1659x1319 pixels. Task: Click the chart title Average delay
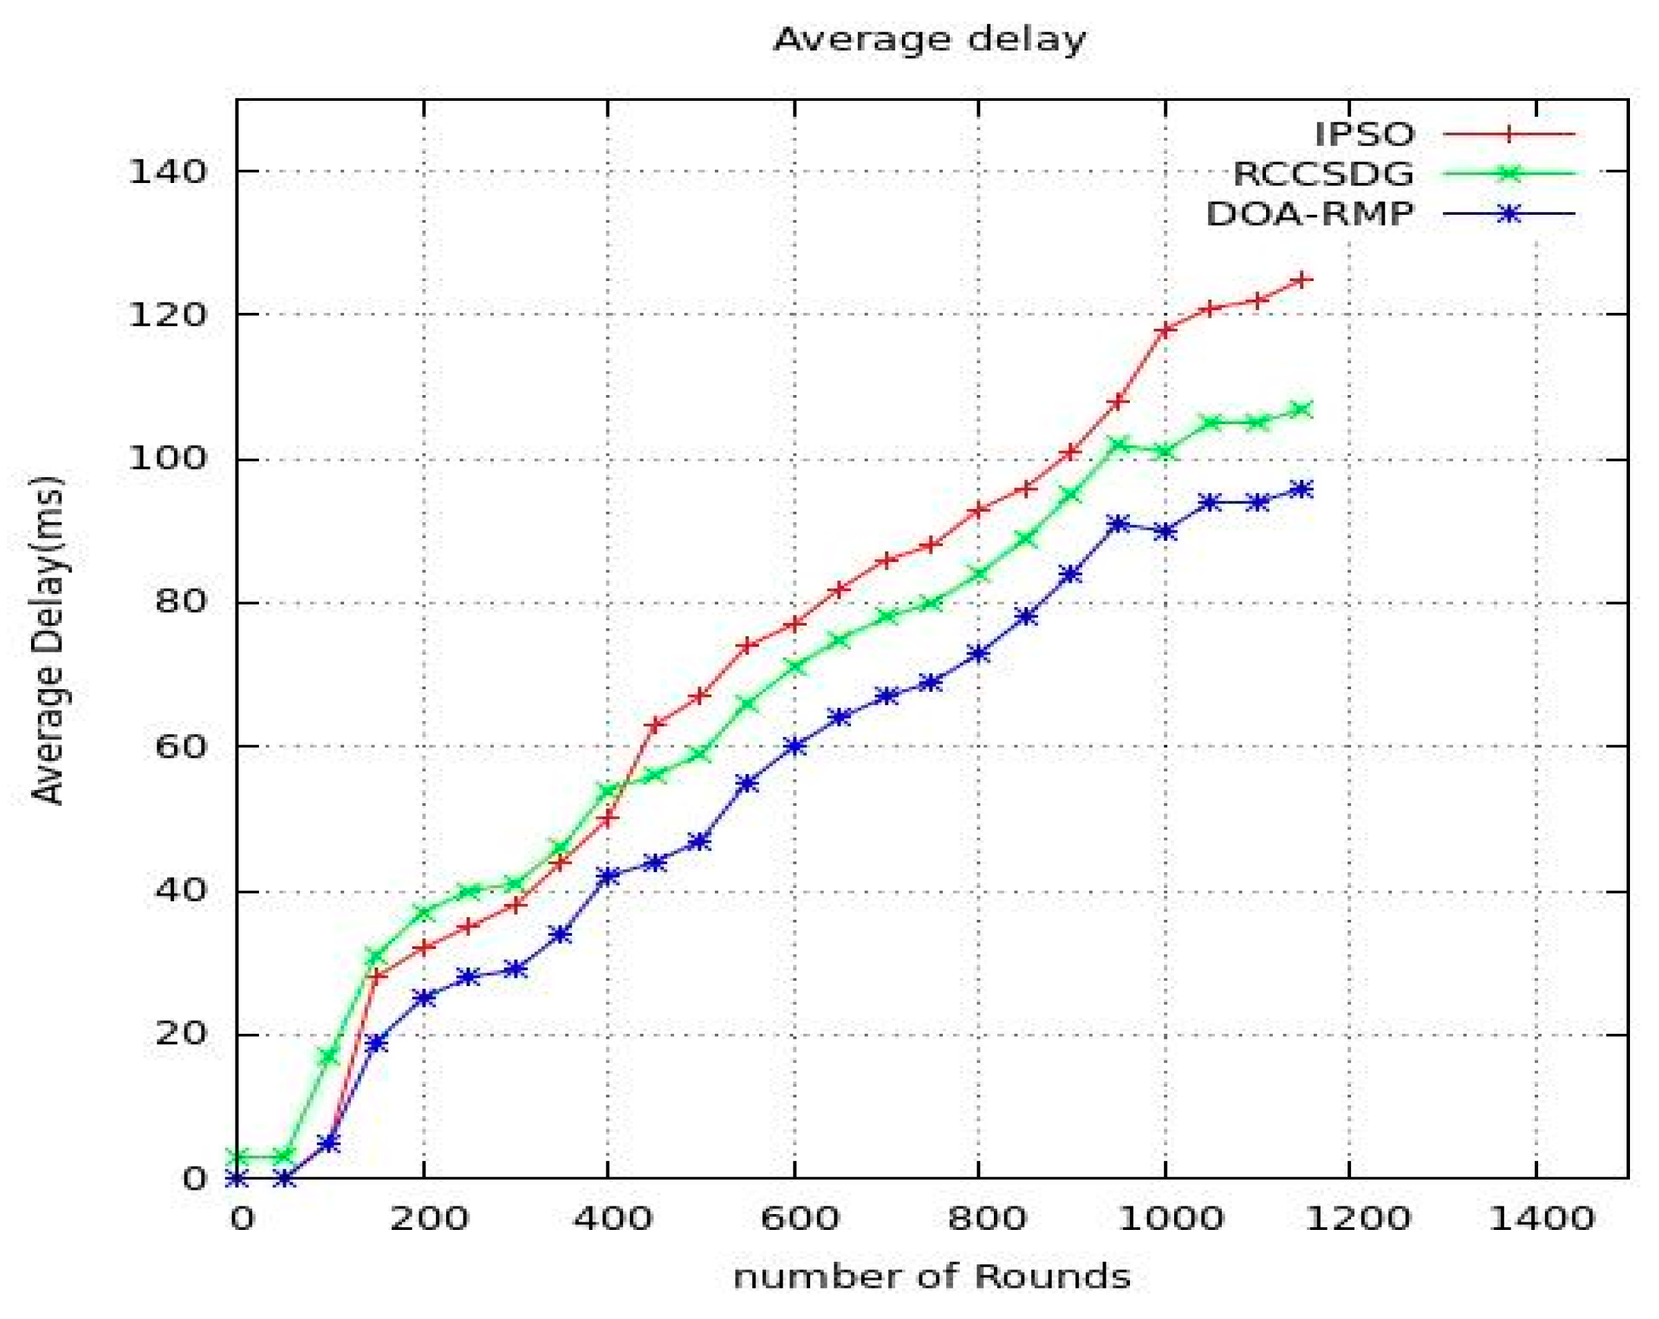pos(929,39)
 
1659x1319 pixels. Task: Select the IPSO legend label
pos(1363,135)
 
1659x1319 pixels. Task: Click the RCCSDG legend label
pos(1323,174)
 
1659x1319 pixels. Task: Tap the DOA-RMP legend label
pos(1309,214)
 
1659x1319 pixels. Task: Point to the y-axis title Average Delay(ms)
pos(48,640)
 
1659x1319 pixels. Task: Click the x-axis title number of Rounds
pos(931,1277)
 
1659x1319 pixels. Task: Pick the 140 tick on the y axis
pos(168,172)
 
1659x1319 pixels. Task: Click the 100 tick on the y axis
pos(168,459)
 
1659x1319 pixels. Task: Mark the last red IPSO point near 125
pos(1302,280)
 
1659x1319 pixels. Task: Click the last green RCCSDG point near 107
pos(1302,410)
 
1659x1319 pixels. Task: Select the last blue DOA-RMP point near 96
pos(1302,489)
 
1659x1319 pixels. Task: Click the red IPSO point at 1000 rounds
pos(1165,329)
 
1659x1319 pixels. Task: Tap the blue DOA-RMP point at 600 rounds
pos(795,746)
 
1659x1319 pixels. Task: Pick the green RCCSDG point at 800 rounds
pos(979,574)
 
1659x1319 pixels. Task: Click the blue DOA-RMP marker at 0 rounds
pos(238,1178)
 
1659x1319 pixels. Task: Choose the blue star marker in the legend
pos(1510,214)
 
